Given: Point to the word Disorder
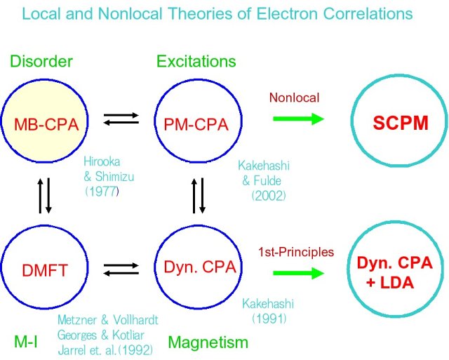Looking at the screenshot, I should pyautogui.click(x=40, y=62).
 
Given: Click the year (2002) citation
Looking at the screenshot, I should pyautogui.click(x=268, y=196).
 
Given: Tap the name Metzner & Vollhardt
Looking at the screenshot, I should pyautogui.click(x=107, y=319).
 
